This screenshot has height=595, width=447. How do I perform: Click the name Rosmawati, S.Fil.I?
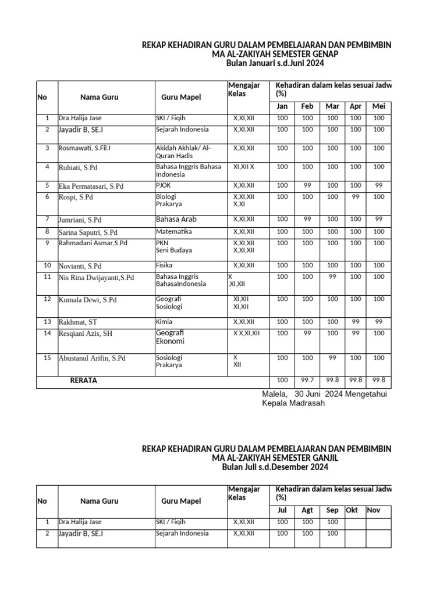coord(84,148)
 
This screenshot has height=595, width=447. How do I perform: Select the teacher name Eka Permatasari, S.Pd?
coord(91,187)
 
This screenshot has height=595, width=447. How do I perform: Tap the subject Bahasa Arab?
coord(176,220)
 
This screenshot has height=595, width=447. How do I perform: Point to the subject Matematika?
coord(174,232)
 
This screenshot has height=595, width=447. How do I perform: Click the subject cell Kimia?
coord(164,321)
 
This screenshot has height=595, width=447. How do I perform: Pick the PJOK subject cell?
coord(164,186)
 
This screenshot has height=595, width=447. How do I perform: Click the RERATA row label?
coord(83,381)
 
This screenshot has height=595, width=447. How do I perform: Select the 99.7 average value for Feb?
coord(307,381)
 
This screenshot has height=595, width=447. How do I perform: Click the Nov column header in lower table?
coord(373,510)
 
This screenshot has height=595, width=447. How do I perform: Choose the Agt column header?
coord(307,510)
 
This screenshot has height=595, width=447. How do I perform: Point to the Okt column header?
coord(352,510)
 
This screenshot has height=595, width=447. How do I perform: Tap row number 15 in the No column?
coord(47,357)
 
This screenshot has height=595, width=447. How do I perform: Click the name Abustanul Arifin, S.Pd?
coord(92,359)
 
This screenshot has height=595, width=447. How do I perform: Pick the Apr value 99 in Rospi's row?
coord(355,197)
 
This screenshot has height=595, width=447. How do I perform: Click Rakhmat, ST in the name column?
coord(78,322)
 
